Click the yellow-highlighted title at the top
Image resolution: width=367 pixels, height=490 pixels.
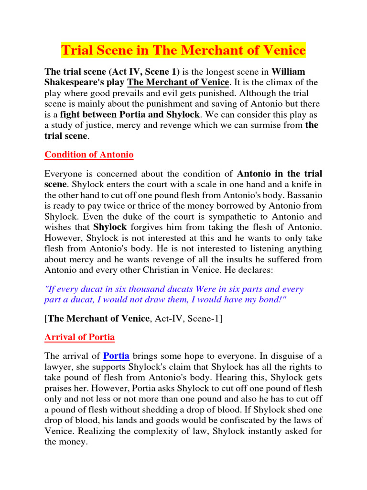coord(183,50)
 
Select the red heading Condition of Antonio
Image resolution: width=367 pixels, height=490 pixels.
coord(89,155)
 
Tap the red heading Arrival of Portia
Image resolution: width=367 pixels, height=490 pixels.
coord(79,337)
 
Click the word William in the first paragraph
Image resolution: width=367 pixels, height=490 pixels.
coord(288,72)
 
